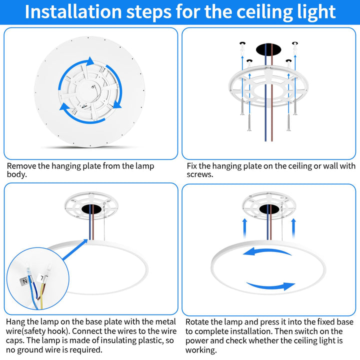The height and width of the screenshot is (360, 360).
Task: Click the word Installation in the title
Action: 73,11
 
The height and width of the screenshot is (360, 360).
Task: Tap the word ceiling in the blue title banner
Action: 265,12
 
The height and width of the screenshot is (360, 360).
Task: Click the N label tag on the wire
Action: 24,281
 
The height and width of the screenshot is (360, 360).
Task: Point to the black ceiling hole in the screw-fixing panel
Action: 268,49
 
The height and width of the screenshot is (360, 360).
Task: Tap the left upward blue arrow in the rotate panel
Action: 244,228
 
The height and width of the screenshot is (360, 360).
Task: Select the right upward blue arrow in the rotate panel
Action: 293,228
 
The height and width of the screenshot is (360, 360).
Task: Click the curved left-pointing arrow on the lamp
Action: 266,251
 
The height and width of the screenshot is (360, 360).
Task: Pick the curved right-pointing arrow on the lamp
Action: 271,286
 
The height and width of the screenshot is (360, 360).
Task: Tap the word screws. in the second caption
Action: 200,174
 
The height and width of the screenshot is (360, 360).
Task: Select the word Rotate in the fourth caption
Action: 198,322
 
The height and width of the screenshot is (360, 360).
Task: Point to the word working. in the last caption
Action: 201,350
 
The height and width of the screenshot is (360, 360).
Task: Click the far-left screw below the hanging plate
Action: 242,106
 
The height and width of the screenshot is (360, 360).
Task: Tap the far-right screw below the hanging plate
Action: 295,106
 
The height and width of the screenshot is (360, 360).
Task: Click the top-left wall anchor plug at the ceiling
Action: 242,47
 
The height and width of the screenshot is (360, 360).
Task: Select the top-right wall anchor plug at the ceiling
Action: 295,47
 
